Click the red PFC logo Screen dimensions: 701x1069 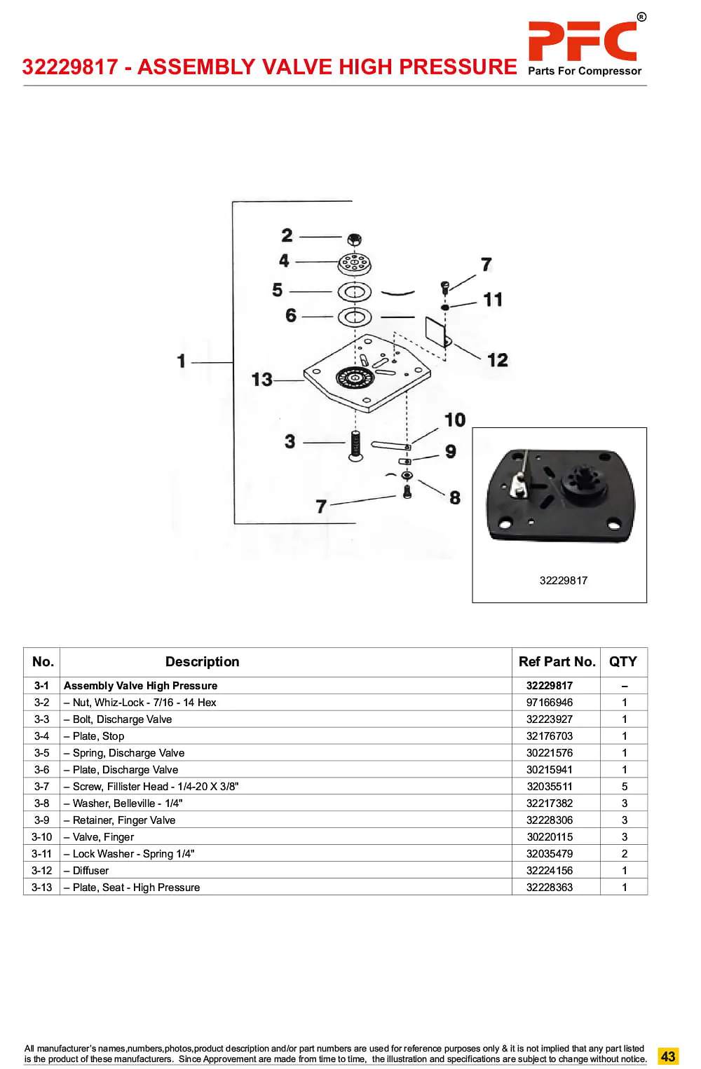(582, 41)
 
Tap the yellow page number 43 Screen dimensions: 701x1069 (667, 1056)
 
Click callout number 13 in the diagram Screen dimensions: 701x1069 (261, 380)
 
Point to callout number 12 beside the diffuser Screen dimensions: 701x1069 (497, 360)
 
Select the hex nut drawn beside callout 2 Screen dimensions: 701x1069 (354, 239)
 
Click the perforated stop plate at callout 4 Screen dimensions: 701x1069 (354, 264)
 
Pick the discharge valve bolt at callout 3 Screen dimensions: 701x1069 (355, 446)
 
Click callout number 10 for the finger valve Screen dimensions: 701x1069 (455, 420)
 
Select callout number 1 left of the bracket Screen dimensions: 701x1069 (181, 361)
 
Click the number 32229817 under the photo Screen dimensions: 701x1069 (564, 580)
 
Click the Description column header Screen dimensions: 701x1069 (202, 661)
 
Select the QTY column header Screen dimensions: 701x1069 (623, 661)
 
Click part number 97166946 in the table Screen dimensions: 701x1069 (549, 703)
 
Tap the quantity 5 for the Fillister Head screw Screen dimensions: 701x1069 (624, 787)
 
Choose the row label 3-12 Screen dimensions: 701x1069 (41, 871)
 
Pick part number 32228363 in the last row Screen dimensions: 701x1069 (549, 887)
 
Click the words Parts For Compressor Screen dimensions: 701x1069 (585, 71)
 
